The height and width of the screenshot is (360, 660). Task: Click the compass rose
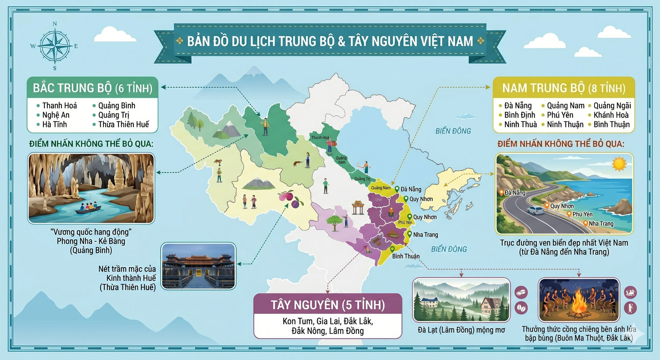(x=55, y=46)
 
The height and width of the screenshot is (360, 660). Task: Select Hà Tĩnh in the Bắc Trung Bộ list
(x=54, y=124)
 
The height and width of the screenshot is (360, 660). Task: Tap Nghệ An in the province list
(x=56, y=115)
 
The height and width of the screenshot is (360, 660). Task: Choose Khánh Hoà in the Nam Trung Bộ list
(x=611, y=115)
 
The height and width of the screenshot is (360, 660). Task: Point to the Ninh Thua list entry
(x=520, y=124)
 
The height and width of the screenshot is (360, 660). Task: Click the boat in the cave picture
(x=88, y=209)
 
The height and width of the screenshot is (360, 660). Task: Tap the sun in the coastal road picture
(x=619, y=164)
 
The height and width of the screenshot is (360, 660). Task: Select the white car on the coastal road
(x=535, y=210)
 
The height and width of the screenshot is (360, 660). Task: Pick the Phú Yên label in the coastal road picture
(x=582, y=214)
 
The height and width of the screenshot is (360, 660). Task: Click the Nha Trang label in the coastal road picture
(x=601, y=223)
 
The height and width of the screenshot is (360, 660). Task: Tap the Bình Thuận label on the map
(x=406, y=256)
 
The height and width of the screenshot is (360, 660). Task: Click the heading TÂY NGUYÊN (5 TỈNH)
(x=328, y=305)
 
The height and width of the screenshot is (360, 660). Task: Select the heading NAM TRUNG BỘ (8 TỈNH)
(x=564, y=88)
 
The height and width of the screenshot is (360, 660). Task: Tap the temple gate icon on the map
(x=358, y=207)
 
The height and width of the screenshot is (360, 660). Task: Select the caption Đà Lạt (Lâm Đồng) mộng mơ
(x=461, y=330)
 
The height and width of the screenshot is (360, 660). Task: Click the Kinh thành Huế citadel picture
(x=198, y=266)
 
